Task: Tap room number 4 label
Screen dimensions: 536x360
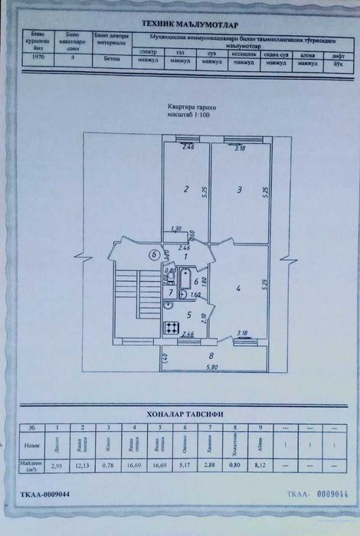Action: (x=239, y=288)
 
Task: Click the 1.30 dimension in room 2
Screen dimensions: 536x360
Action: (x=175, y=228)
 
